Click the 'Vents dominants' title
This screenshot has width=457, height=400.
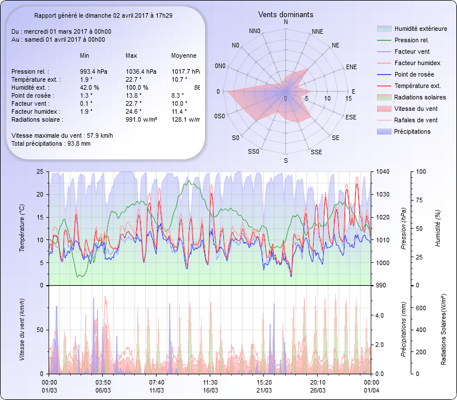286,14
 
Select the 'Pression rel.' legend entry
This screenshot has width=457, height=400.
411,41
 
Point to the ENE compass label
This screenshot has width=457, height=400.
351,67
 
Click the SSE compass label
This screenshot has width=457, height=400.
316,152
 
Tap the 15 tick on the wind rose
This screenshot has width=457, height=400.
348,98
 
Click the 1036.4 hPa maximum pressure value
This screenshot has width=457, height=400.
141,71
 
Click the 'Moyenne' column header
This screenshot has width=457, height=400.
184,55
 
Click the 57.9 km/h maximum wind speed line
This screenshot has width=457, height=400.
62,135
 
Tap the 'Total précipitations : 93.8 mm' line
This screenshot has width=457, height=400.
51,143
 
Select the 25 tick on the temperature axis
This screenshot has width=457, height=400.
39,171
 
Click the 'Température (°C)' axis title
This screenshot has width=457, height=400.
22,229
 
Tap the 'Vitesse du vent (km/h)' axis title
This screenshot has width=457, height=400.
22,330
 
